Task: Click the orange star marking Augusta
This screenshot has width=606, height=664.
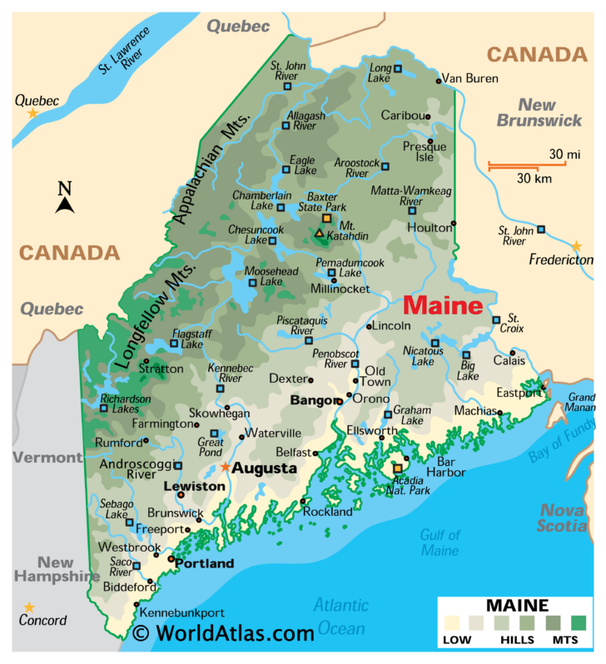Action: (x=225, y=467)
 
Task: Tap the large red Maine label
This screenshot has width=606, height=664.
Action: (x=443, y=305)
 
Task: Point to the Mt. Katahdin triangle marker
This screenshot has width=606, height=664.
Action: (x=320, y=234)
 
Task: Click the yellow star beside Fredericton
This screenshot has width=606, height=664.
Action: (x=576, y=246)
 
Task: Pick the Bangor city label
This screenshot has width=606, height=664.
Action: (x=311, y=401)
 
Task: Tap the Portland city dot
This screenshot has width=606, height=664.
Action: (x=171, y=559)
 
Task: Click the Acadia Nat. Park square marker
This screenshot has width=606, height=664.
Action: (x=398, y=468)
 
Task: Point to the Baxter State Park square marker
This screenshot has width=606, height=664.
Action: (x=326, y=219)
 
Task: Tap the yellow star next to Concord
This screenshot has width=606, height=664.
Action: (x=29, y=607)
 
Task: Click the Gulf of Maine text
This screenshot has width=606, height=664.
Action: (x=440, y=543)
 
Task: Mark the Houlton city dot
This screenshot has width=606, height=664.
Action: (x=454, y=223)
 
